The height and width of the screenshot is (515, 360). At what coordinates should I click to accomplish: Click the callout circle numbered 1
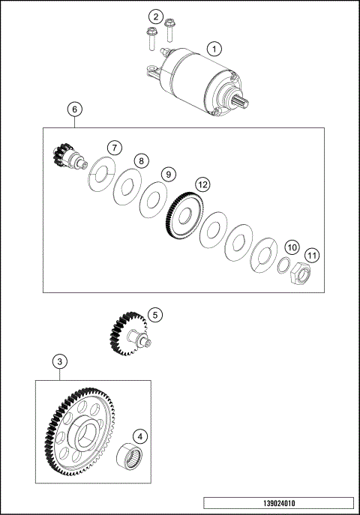point(214,49)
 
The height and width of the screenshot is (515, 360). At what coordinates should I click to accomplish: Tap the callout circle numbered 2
point(155,16)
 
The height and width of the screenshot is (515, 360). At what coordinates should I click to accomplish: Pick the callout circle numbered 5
point(154,315)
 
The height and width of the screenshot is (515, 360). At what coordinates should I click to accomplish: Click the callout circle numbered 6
point(73,109)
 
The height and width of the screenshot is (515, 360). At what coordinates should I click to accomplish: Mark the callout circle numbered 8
point(141,160)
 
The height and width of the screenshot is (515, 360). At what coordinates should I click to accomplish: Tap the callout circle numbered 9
point(169,174)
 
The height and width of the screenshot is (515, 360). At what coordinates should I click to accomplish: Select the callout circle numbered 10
point(292,247)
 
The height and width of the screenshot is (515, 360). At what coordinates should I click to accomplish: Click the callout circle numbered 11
point(312,255)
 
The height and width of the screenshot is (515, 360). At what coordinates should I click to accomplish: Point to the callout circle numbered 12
point(202,184)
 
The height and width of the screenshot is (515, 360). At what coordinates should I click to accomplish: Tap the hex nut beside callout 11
point(302,275)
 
